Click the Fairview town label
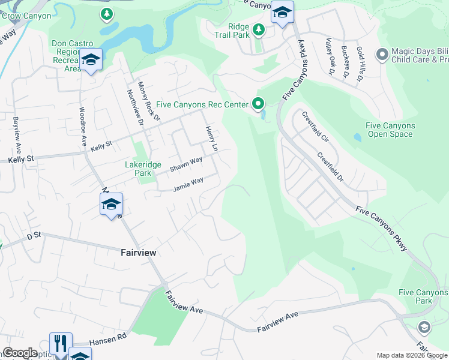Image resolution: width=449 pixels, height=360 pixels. point(134,253)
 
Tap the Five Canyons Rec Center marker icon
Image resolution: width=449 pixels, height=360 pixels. point(258,104)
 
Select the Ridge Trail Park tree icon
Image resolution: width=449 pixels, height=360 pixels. point(258,29)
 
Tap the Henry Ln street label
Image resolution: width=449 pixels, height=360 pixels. point(211,138)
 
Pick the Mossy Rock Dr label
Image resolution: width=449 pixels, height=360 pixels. point(149,101)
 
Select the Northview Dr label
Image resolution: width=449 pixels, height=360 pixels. point(134,107)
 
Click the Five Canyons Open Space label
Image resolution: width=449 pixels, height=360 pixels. point(390,130)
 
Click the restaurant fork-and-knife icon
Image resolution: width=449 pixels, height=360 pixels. point(61,343)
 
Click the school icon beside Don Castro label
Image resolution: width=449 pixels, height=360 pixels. point(91,59)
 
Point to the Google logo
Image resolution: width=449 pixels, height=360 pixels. point(20,353)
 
